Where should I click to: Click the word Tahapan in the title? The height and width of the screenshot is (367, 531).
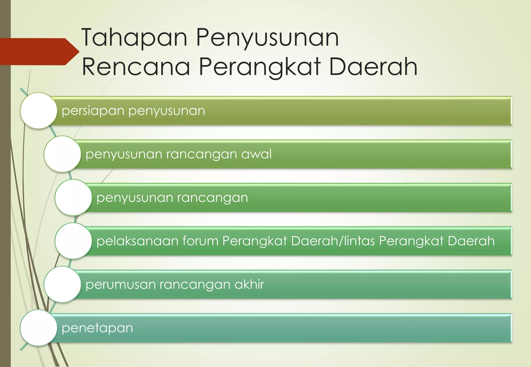pos(134,38)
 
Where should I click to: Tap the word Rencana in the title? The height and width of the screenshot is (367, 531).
pos(136,67)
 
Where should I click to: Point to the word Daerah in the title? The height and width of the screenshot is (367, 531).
pos(373,67)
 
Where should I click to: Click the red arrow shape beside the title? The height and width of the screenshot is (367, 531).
pos(39,52)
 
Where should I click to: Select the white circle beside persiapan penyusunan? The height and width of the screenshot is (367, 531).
pos(39,111)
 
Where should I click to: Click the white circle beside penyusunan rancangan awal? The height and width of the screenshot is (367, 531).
pos(62,154)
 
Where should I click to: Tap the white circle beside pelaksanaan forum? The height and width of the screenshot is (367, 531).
pos(73,241)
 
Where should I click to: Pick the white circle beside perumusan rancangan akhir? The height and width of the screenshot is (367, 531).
pos(62,284)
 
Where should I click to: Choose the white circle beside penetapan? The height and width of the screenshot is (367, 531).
pos(39,328)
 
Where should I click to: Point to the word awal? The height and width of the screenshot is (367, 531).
pos(256,154)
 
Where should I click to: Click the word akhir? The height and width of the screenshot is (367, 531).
pos(249,284)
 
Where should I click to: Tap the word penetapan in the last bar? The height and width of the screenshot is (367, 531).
pos(97,328)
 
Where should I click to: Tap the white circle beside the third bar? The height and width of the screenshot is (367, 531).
pos(73,197)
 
